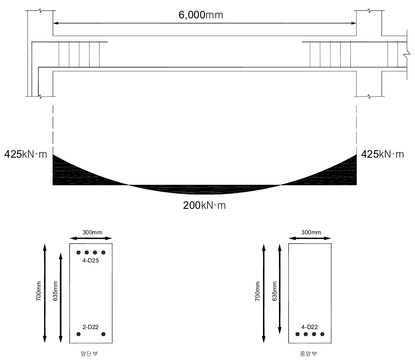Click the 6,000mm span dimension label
pos(201,15)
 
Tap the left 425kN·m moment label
pos(26,154)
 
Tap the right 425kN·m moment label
pos(382,154)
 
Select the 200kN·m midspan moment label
pos(204,205)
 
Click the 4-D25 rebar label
pos(90,260)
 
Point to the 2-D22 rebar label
pos(90,327)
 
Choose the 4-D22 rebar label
pos(309,327)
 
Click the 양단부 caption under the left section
pos(89,353)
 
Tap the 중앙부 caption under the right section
pos(308,353)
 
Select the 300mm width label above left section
pos(92,232)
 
